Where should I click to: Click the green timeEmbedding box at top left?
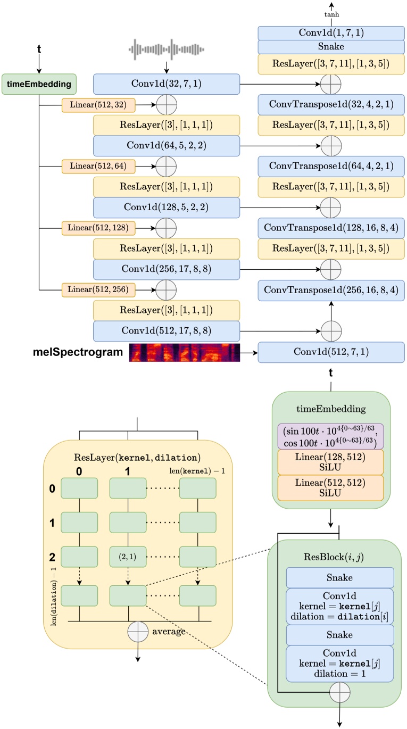click(39, 84)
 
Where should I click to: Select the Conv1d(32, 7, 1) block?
click(166, 84)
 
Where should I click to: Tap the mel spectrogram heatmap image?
click(185, 352)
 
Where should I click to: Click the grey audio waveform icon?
click(166, 49)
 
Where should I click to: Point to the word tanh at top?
click(331, 15)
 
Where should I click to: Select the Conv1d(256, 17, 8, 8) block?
click(166, 269)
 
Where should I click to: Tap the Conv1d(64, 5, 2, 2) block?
click(166, 145)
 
